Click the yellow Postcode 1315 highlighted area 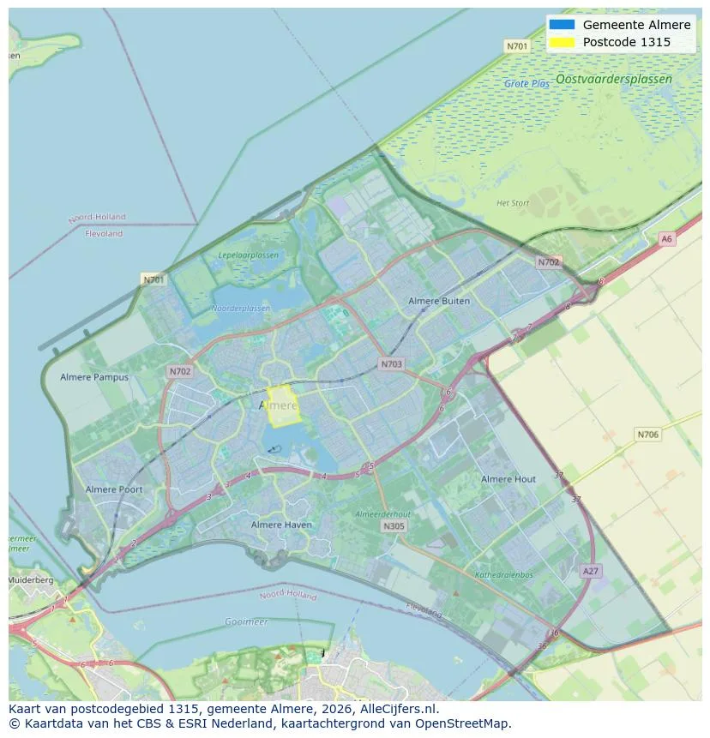(284, 406)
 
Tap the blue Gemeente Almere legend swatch (563, 25)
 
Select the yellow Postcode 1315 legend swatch (563, 42)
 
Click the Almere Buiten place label (439, 302)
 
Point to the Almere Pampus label (94, 377)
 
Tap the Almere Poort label (114, 489)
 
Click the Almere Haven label (282, 525)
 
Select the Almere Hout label (508, 479)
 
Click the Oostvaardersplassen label (614, 79)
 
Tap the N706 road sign (648, 435)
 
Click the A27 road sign (590, 571)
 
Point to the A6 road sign (666, 239)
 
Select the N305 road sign (394, 526)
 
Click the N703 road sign (391, 364)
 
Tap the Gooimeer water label (246, 621)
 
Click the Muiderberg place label (31, 580)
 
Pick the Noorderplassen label (241, 309)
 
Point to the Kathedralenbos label (504, 575)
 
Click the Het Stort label (513, 203)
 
